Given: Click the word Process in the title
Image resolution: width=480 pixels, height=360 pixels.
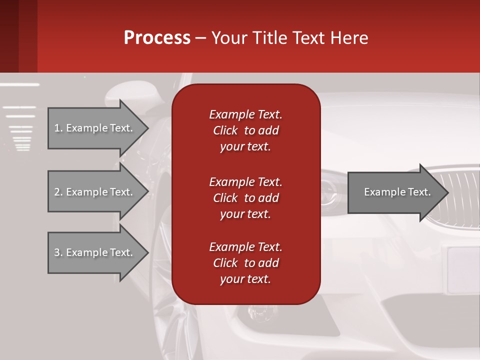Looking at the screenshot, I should pyautogui.click(x=156, y=38).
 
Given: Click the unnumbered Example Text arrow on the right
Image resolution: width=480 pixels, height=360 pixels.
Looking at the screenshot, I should pyautogui.click(x=397, y=192).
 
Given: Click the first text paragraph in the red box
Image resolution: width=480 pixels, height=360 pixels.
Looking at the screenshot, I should pyautogui.click(x=245, y=130).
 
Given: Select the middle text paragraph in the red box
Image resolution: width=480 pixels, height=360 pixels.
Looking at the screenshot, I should pyautogui.click(x=245, y=197).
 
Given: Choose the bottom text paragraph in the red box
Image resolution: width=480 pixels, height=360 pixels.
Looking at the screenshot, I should pyautogui.click(x=245, y=263).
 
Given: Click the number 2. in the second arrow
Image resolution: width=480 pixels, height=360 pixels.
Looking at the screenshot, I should pyautogui.click(x=58, y=192).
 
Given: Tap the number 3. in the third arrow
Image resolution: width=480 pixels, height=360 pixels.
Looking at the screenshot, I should pyautogui.click(x=58, y=252).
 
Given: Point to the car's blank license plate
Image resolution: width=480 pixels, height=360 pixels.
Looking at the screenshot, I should pyautogui.click(x=463, y=270).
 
